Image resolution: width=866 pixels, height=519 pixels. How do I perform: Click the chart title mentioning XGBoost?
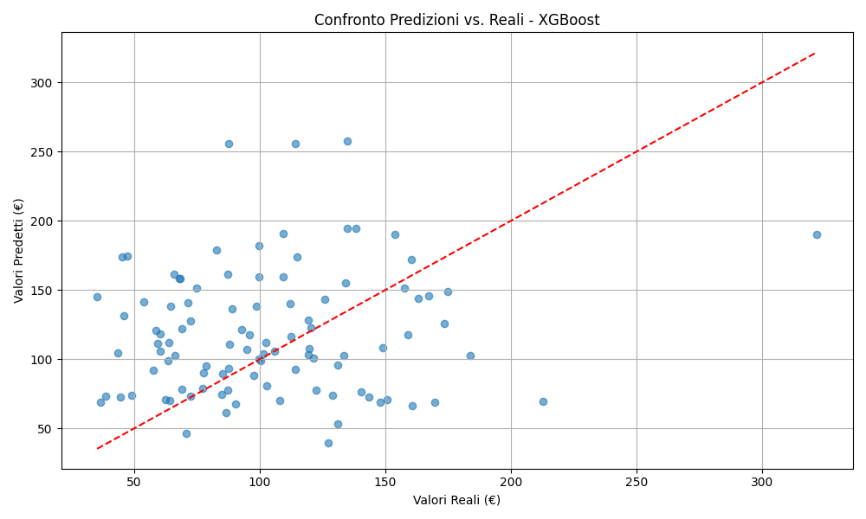pyautogui.click(x=456, y=20)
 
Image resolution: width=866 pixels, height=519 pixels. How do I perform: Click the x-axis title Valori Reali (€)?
pyautogui.click(x=456, y=500)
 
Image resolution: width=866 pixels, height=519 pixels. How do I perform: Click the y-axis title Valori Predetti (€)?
pyautogui.click(x=19, y=250)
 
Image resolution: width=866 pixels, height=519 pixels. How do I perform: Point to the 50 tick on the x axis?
pyautogui.click(x=134, y=481)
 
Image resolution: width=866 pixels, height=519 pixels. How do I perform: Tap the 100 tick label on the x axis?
pyautogui.click(x=260, y=481)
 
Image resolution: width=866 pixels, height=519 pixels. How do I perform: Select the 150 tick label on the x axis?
pyautogui.click(x=385, y=481)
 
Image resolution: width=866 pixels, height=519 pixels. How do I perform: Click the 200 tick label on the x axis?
pyautogui.click(x=511, y=481)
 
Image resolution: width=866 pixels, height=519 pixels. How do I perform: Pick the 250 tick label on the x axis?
pyautogui.click(x=637, y=481)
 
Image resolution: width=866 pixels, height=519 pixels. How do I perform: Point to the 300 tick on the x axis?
pyautogui.click(x=762, y=481)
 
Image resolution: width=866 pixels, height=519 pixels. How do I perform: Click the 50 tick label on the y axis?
pyautogui.click(x=46, y=429)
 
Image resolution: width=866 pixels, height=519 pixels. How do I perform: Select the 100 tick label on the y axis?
pyautogui.click(x=42, y=360)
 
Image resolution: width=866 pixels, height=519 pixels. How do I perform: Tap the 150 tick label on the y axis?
pyautogui.click(x=42, y=291)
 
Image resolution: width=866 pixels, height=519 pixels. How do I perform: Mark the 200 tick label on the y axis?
pyautogui.click(x=42, y=221)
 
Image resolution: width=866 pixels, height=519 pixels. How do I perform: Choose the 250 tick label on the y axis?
pyautogui.click(x=42, y=152)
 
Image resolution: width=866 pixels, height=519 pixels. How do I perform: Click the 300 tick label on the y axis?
pyautogui.click(x=42, y=83)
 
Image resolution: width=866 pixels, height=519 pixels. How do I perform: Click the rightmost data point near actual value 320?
pyautogui.click(x=817, y=234)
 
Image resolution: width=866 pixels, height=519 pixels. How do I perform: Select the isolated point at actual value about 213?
pyautogui.click(x=543, y=401)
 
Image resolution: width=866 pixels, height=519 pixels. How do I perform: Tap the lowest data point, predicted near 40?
pyautogui.click(x=328, y=443)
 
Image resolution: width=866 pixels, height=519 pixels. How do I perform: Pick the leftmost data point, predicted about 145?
pyautogui.click(x=97, y=297)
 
